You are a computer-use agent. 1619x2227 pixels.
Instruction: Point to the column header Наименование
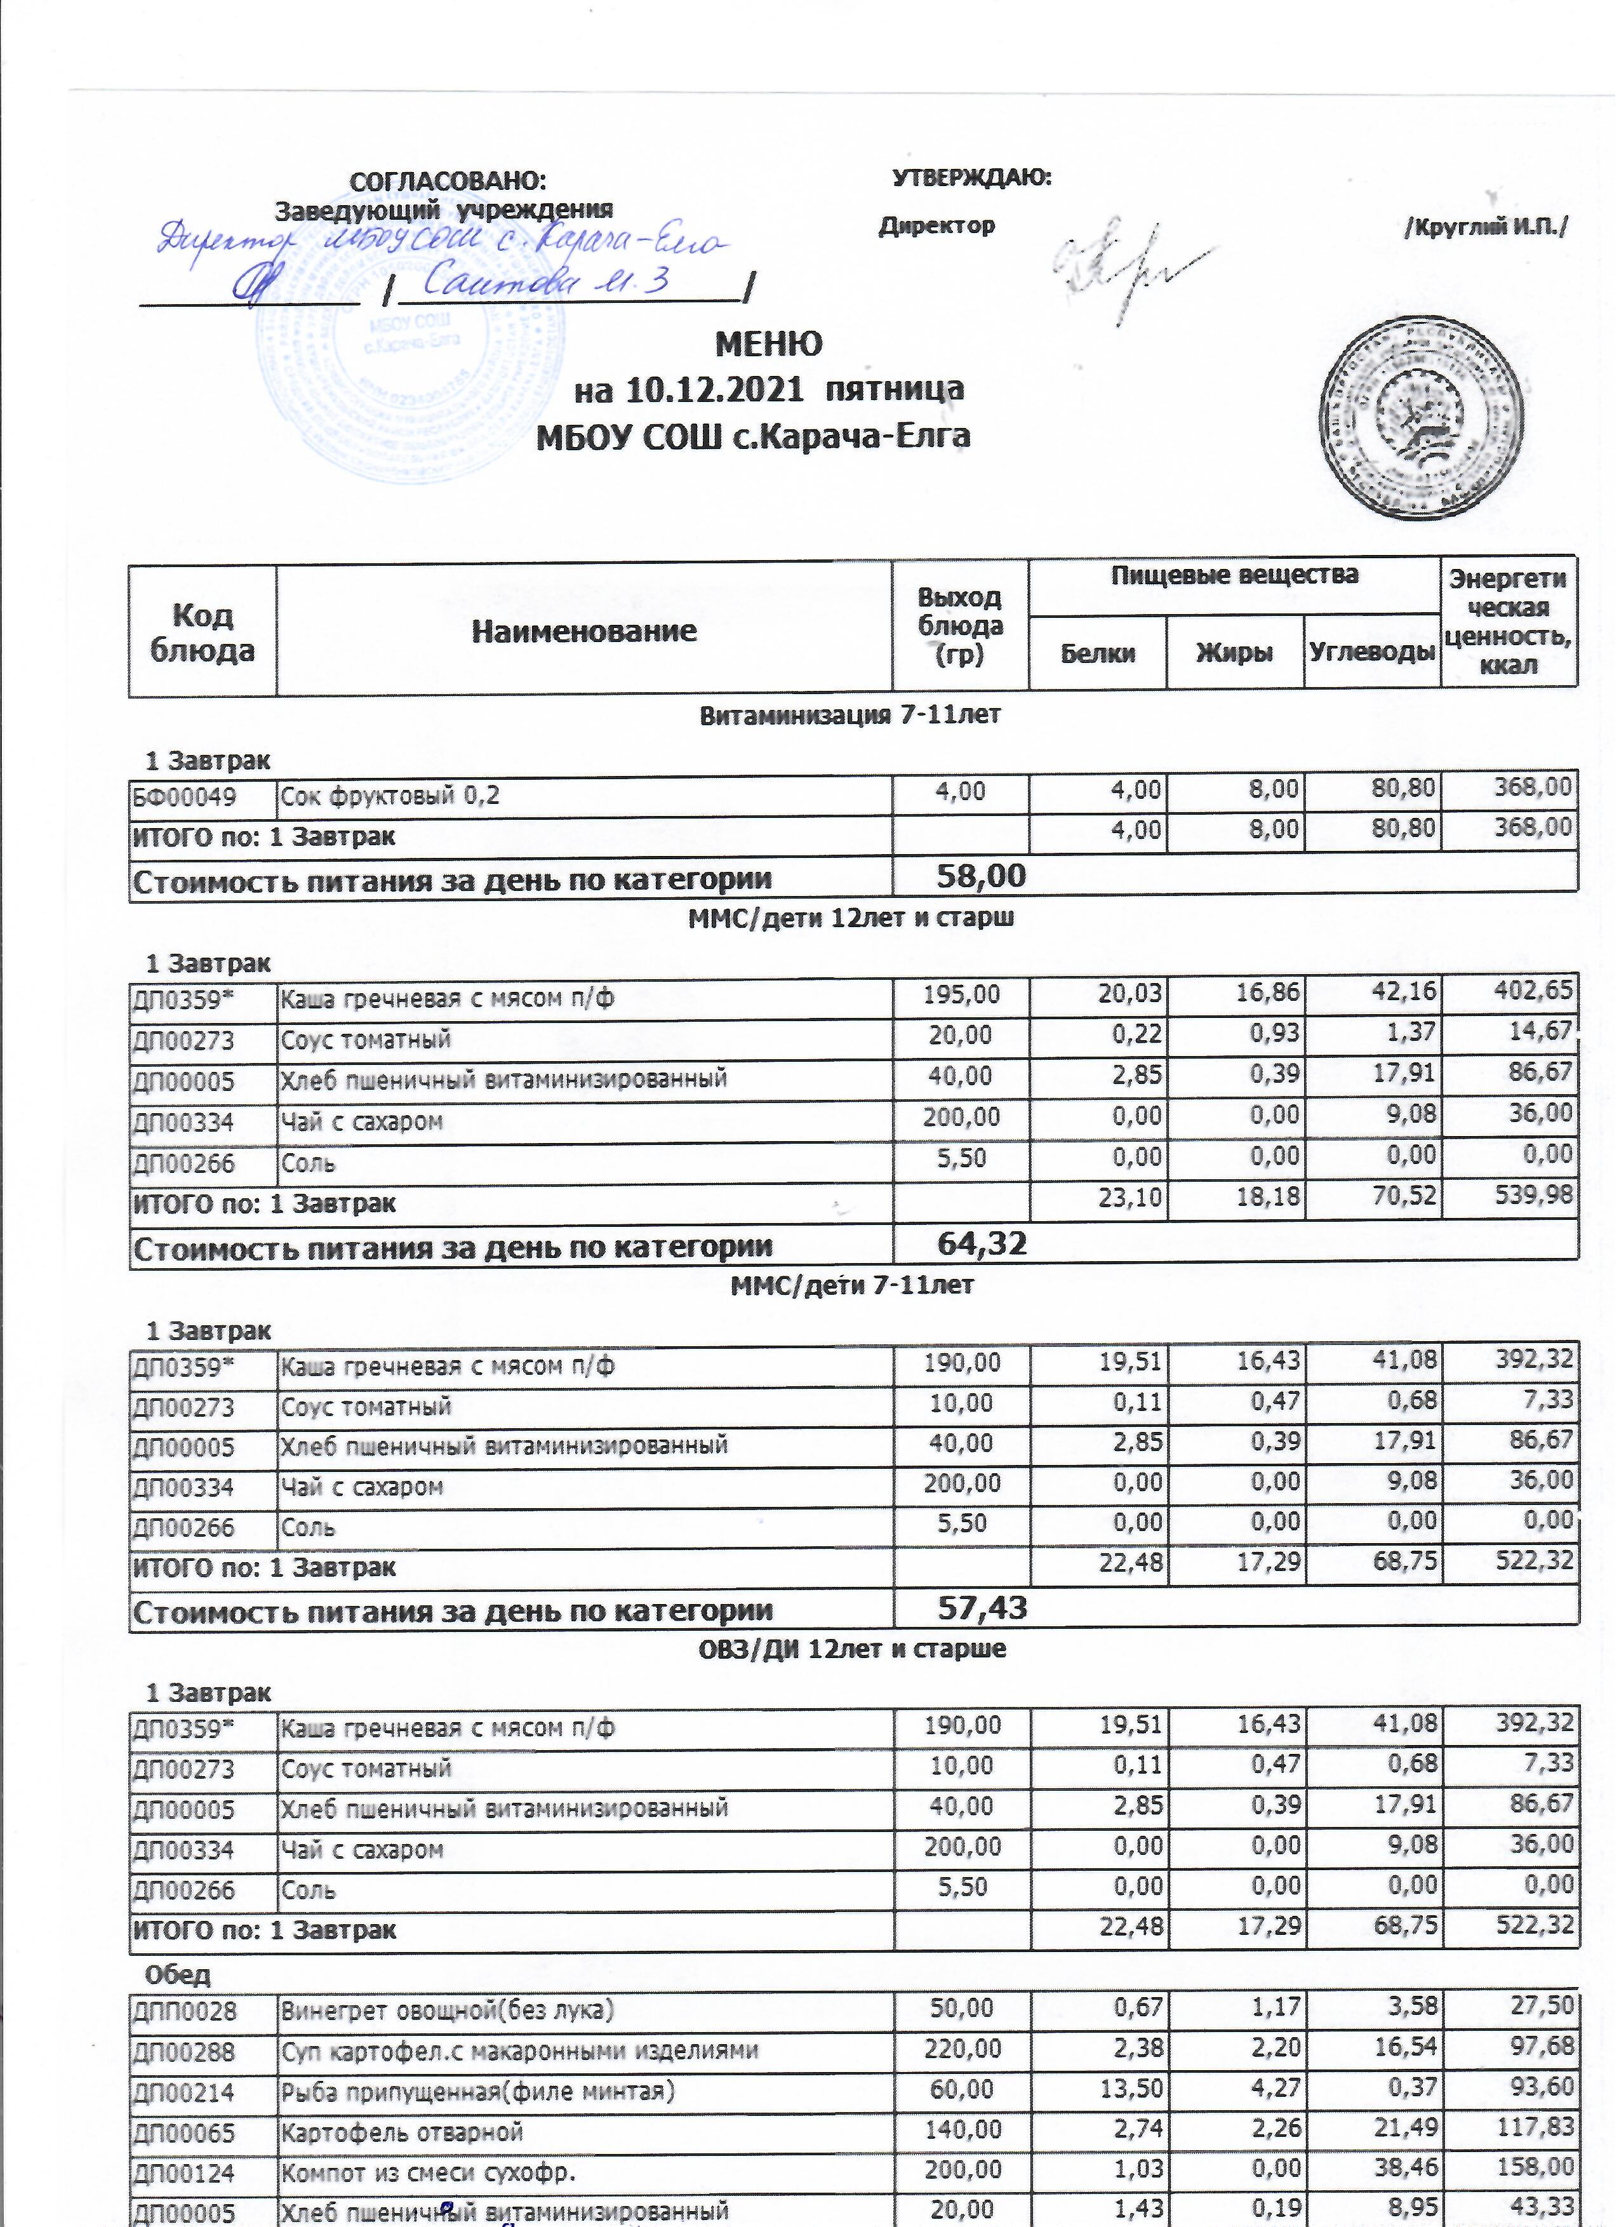[x=584, y=631]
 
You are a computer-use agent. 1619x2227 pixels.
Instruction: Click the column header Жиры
[x=1234, y=652]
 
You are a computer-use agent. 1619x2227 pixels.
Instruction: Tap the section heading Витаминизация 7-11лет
[x=849, y=716]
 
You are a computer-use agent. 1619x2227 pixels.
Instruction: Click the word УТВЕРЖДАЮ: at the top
[x=971, y=178]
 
